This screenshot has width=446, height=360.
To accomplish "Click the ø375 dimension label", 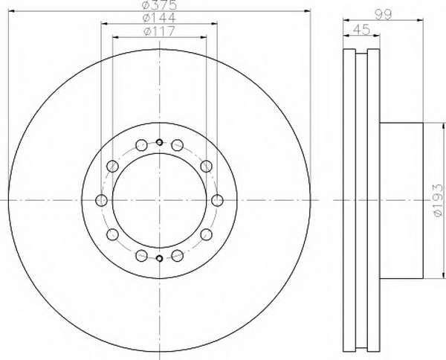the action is (x=159, y=4).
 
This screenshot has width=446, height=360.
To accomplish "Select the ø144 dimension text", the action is (x=159, y=18).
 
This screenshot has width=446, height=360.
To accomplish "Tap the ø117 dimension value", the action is (x=159, y=31).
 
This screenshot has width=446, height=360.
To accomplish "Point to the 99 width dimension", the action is (x=383, y=14).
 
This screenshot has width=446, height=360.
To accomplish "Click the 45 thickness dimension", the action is (x=361, y=29).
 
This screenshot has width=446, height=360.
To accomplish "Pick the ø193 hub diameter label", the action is (x=439, y=200).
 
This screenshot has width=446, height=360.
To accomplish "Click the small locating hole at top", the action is (x=160, y=142).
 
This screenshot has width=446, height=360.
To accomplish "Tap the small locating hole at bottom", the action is (x=160, y=258).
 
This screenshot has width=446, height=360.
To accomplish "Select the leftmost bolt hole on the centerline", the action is (x=102, y=200).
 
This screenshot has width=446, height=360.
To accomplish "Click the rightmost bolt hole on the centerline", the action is (x=217, y=200).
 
